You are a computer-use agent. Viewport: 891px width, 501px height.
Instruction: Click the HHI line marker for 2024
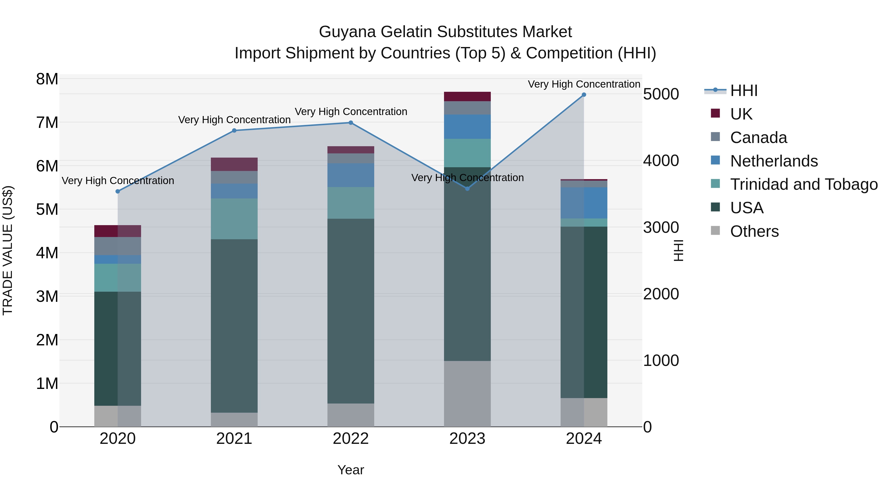(x=584, y=95)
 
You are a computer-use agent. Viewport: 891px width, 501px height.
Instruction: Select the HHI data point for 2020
(x=118, y=191)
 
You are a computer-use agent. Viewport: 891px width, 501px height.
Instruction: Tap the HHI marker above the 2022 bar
(x=351, y=123)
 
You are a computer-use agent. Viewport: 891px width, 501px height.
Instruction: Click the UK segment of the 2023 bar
(x=467, y=96)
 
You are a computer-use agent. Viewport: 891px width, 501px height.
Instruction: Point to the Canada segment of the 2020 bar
(x=118, y=246)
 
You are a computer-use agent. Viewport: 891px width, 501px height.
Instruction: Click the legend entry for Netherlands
(x=774, y=161)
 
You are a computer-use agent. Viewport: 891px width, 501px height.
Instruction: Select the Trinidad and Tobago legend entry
(x=803, y=184)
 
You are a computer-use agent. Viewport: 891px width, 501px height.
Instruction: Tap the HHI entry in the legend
(x=744, y=91)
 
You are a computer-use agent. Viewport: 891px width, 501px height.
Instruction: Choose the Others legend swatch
(x=715, y=231)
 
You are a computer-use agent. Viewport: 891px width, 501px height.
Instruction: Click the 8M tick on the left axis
(x=47, y=79)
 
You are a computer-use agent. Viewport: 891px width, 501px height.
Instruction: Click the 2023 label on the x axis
(x=467, y=439)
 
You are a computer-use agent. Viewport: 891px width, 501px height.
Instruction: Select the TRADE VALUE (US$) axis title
(x=8, y=250)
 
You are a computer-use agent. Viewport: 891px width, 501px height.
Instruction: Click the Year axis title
(x=351, y=470)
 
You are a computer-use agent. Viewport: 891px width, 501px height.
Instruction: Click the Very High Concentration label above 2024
(x=584, y=84)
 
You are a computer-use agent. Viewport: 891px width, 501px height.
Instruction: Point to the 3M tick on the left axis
(x=47, y=297)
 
